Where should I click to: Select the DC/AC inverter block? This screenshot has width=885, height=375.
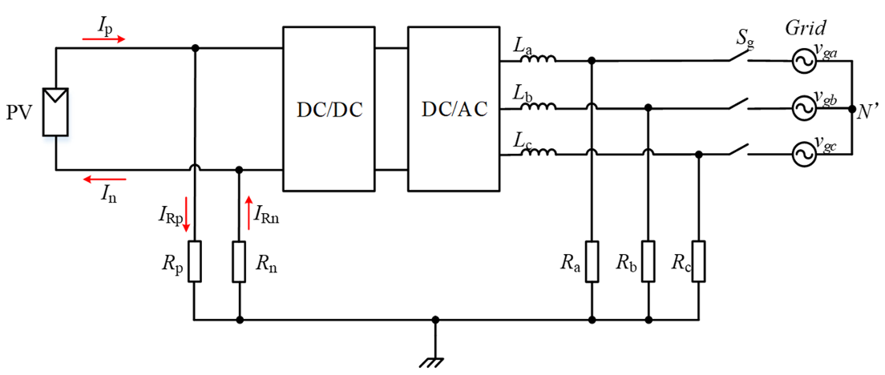click(454, 109)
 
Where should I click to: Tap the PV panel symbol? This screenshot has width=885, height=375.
click(55, 110)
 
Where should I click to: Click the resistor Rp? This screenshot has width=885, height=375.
click(195, 262)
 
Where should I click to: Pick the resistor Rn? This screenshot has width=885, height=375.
click(239, 262)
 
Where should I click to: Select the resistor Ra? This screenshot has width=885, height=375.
click(591, 262)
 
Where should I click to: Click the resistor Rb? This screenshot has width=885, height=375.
click(647, 262)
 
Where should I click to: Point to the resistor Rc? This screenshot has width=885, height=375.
click(699, 262)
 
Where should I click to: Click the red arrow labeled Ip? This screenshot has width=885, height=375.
click(103, 38)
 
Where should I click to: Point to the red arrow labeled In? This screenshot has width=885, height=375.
click(103, 181)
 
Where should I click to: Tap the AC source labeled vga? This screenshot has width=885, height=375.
click(799, 60)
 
